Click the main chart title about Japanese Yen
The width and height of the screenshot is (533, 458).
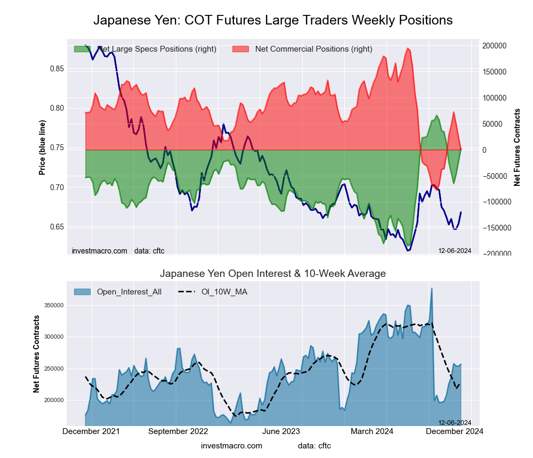(273, 20)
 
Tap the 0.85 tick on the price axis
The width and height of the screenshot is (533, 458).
(56, 69)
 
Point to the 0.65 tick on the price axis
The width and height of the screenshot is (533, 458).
(56, 227)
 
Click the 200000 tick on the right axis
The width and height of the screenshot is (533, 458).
(495, 46)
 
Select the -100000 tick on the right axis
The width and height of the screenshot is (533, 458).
(495, 202)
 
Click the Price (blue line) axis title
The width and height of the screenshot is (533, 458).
(42, 148)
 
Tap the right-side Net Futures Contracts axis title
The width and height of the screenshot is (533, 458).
(517, 146)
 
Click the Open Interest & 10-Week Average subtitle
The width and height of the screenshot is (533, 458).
(273, 274)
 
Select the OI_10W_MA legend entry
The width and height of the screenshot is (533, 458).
(224, 291)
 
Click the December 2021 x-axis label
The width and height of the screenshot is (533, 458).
(91, 432)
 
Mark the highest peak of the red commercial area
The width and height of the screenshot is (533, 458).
(408, 48)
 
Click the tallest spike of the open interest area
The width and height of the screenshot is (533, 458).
(432, 289)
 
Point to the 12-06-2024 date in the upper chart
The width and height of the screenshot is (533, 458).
(455, 250)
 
